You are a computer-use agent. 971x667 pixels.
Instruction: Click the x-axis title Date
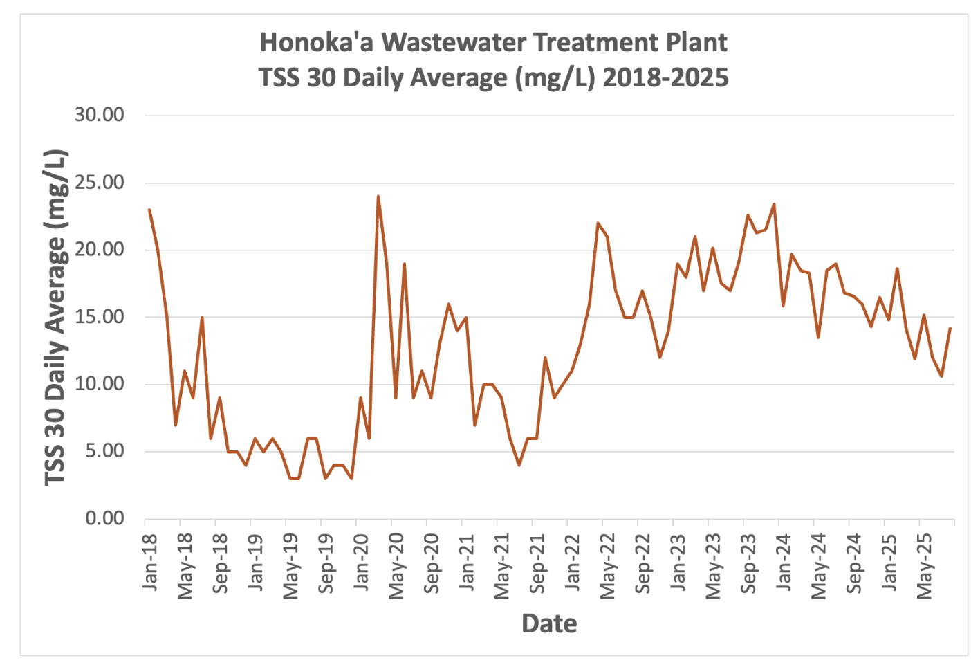(549, 623)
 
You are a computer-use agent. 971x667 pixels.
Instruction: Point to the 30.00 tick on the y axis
(100, 115)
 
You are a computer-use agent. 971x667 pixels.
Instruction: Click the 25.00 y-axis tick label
(100, 183)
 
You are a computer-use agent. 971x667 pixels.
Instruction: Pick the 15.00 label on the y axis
(100, 317)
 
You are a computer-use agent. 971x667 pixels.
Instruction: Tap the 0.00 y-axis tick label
(104, 518)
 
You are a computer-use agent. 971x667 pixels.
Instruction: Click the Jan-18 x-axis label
(150, 562)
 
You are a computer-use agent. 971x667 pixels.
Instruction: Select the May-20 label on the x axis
(396, 565)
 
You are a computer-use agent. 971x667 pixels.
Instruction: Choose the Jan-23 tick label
(678, 562)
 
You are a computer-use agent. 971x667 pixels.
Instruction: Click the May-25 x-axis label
(924, 565)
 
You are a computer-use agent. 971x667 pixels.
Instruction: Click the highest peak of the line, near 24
(378, 197)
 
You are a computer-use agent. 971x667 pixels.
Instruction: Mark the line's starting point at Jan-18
(149, 210)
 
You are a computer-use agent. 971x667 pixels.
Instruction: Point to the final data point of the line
(950, 329)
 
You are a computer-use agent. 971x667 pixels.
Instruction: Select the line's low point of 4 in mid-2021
(519, 465)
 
